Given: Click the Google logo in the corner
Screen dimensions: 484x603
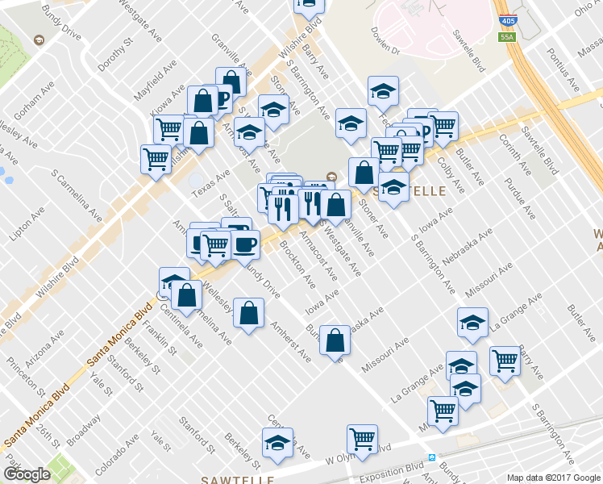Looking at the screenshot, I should [x=27, y=474].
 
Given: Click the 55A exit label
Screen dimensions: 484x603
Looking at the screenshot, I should [x=507, y=37].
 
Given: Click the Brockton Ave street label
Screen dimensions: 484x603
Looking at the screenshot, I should [x=298, y=265].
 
